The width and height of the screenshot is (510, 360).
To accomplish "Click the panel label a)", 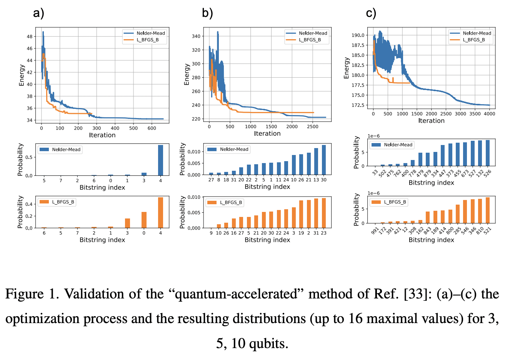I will (x=38, y=13).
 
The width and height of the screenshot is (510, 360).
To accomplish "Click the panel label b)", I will (x=207, y=13).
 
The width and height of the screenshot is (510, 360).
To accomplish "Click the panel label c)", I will (x=371, y=13).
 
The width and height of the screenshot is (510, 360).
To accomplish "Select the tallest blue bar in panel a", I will (x=160, y=160).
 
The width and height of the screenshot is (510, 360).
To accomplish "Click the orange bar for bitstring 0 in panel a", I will (x=144, y=220).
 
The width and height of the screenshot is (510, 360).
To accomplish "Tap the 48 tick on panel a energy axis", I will (x=30, y=37).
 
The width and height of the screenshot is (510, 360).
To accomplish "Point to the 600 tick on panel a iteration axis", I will (x=152, y=128).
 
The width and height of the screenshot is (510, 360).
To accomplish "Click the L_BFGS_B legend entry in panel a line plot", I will (x=147, y=40).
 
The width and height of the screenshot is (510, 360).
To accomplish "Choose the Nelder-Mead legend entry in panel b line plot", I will (x=313, y=33).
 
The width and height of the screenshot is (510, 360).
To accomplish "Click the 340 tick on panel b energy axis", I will (x=196, y=36).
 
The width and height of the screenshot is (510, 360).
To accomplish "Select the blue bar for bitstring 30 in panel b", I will (x=324, y=160).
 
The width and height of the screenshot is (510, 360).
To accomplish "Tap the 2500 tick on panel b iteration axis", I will (x=313, y=127).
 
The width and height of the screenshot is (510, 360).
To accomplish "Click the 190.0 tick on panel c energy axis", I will (x=358, y=35).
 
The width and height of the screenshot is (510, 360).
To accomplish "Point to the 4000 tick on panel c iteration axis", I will (x=489, y=114).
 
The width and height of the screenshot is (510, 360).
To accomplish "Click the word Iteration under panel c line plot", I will (x=431, y=121).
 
